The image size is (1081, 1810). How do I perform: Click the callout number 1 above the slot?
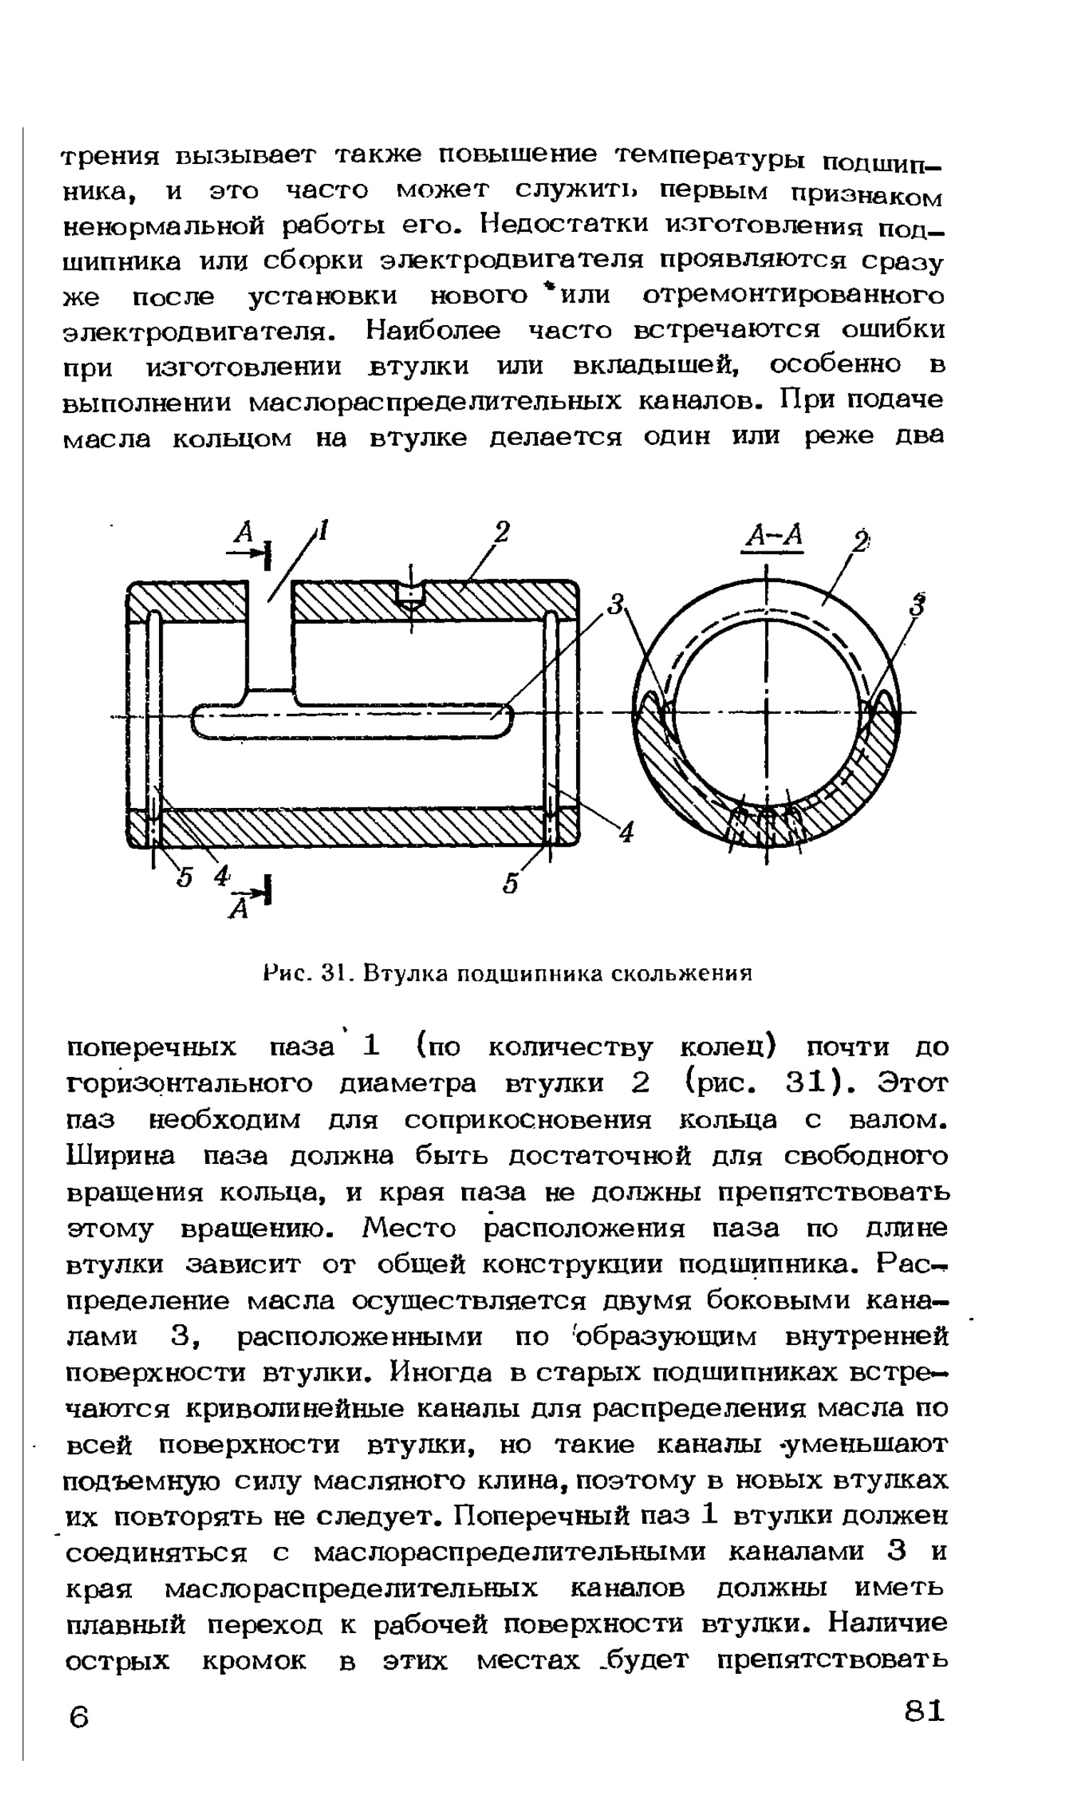pyautogui.click(x=322, y=530)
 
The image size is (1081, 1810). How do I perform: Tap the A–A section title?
pyautogui.click(x=772, y=536)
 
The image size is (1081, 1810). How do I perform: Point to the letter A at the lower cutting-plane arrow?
pyautogui.click(x=238, y=908)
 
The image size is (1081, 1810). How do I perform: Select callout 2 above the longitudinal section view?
pyautogui.click(x=501, y=532)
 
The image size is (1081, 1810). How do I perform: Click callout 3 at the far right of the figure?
pyautogui.click(x=919, y=605)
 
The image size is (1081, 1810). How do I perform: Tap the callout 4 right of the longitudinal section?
pyautogui.click(x=627, y=831)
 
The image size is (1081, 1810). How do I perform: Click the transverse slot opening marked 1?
pyautogui.click(x=270, y=634)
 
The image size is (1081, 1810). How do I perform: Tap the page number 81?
pyautogui.click(x=923, y=1709)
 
